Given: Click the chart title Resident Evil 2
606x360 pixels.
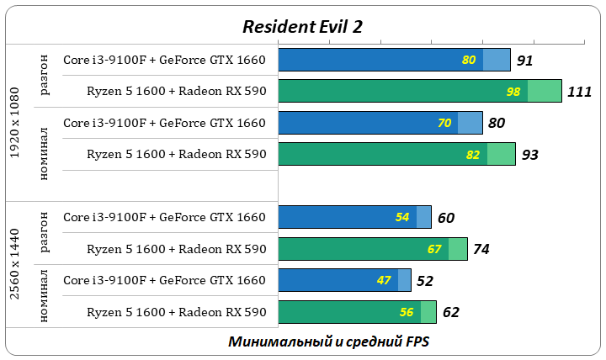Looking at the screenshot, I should pyautogui.click(x=303, y=26).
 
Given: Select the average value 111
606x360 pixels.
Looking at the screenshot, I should pyautogui.click(x=580, y=92).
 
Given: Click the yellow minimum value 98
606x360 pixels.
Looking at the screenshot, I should pyautogui.click(x=513, y=91).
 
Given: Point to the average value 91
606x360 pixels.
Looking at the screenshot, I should pyautogui.click(x=525, y=61).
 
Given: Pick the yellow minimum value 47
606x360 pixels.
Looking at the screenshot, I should pyautogui.click(x=385, y=280).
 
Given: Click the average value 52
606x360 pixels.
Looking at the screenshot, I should pyautogui.click(x=425, y=281).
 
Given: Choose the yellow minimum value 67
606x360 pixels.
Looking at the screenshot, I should pyautogui.click(x=434, y=249).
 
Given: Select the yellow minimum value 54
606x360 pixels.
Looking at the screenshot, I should pyautogui.click(x=402, y=217).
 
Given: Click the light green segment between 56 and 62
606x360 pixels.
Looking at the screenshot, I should pyautogui.click(x=428, y=312).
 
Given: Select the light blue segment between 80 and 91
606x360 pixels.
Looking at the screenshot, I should pyautogui.click(x=497, y=60).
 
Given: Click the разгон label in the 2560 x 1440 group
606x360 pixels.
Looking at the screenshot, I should pyautogui.click(x=45, y=233).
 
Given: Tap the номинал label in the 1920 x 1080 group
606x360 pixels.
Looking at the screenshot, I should pyautogui.click(x=45, y=154).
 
